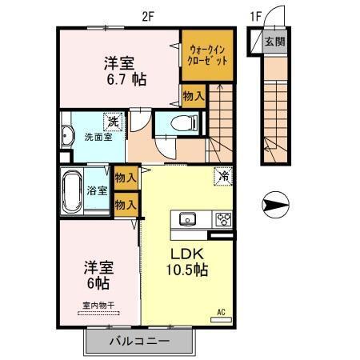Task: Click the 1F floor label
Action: tap(255, 14)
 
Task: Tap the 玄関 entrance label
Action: tap(274, 42)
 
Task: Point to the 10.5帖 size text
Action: tap(186, 270)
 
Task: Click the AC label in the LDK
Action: tap(221, 312)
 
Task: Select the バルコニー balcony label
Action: tap(139, 341)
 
